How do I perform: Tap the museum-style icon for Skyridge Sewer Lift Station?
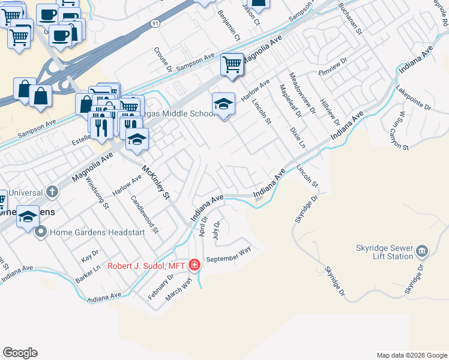421,250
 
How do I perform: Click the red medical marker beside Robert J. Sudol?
194,265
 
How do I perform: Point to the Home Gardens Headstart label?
97,232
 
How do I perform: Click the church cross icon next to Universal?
52,193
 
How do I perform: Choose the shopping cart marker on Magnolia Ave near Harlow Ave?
232,64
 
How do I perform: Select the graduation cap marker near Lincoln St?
223,104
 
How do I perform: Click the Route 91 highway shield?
155,23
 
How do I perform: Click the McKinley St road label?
156,182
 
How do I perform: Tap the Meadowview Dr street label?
302,93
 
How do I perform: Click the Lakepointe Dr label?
414,98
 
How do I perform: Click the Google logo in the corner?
20,353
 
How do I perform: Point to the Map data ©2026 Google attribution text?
411,355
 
